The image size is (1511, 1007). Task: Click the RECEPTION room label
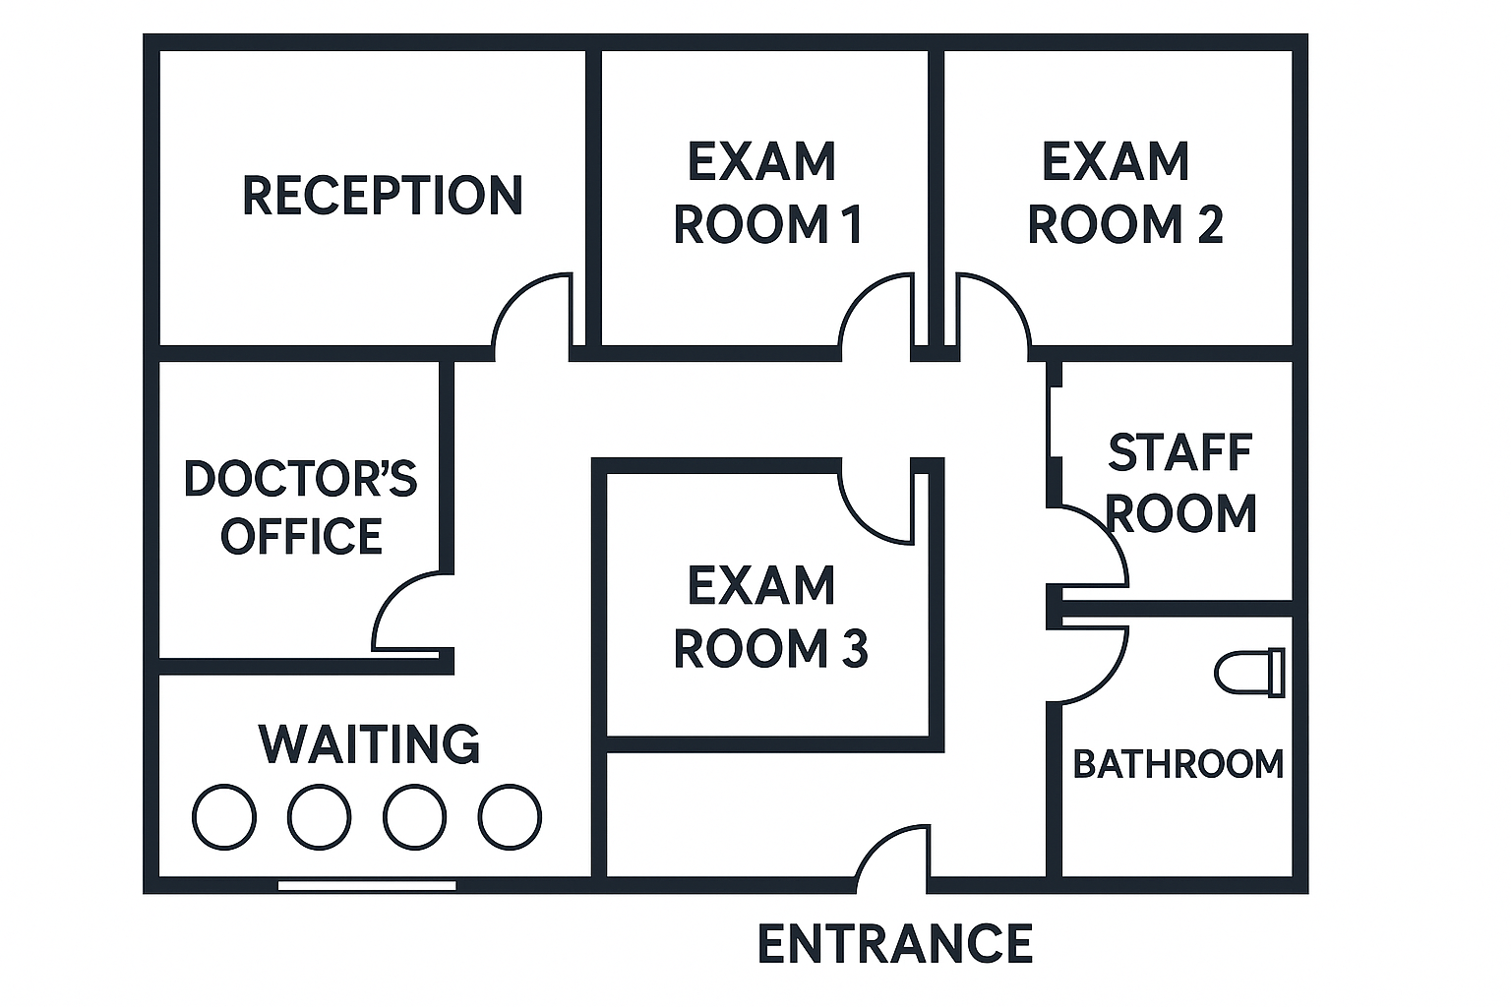point(383,195)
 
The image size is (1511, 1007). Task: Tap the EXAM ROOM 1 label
point(767,193)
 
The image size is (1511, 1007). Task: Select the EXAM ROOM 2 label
point(1123,193)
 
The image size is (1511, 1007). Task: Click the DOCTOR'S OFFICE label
point(300,507)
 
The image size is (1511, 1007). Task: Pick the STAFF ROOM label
point(1180,483)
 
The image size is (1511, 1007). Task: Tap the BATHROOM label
point(1178,764)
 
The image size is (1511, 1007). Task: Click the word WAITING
point(369,743)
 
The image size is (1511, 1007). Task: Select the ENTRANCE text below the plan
point(894,944)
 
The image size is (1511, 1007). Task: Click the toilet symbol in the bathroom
point(1249,674)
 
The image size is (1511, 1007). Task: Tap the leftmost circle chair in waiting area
point(224,816)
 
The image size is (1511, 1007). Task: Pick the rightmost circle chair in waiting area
point(510,816)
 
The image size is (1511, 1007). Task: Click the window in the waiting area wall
point(367,885)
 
